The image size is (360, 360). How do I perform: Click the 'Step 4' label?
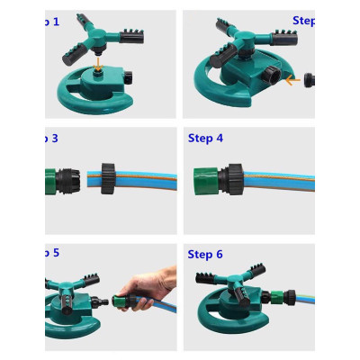point(205,138)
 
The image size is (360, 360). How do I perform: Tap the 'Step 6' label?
point(205,255)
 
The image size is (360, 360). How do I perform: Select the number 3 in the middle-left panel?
point(55,138)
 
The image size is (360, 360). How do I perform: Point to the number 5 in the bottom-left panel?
point(55,253)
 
